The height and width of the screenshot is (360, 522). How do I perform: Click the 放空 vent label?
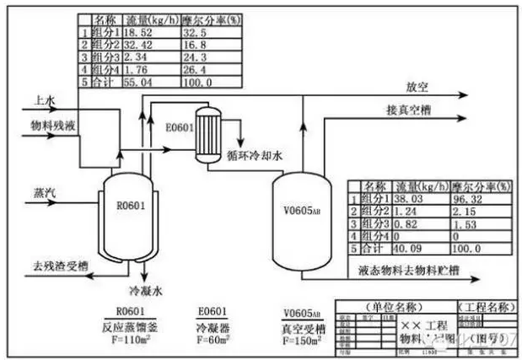tap(417, 86)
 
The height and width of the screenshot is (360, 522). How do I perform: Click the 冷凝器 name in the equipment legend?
tap(212, 327)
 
